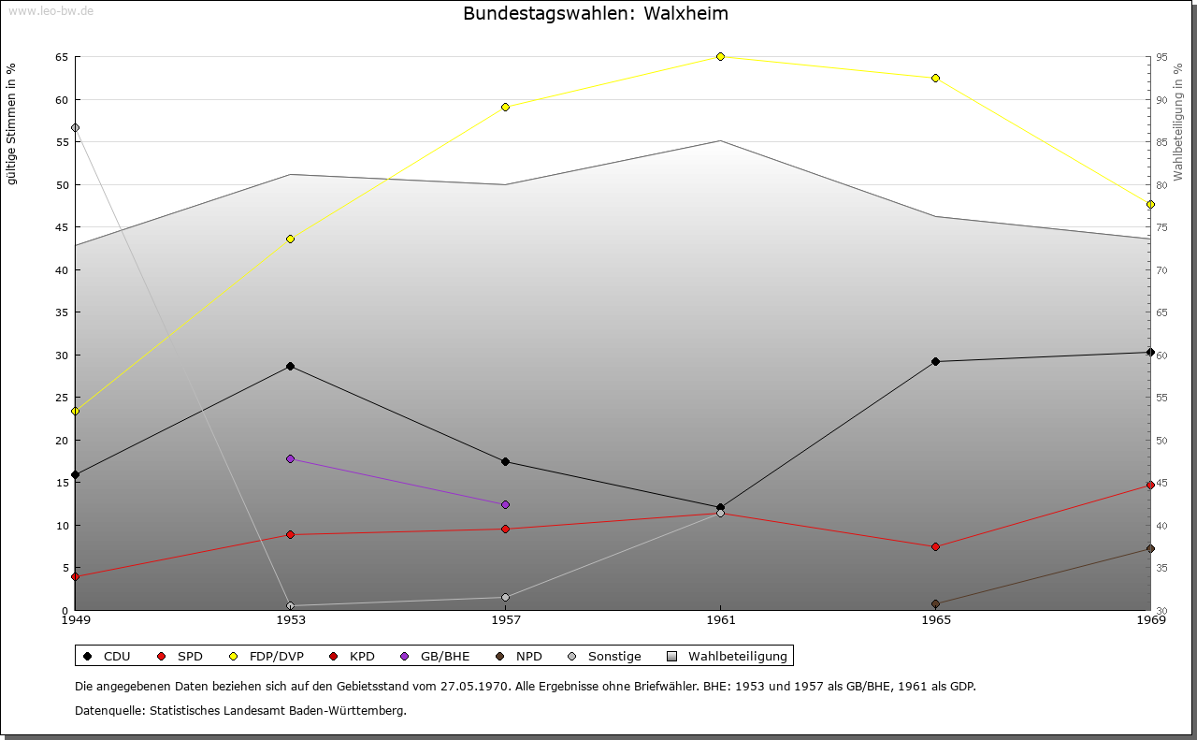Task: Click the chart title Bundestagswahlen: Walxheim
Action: point(595,14)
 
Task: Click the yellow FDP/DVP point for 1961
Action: point(720,56)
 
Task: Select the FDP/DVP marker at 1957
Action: point(505,107)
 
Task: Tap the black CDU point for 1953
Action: point(290,366)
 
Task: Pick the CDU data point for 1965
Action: point(935,361)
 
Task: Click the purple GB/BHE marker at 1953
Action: point(290,458)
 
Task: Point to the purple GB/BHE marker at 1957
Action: point(505,504)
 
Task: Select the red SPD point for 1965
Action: point(935,546)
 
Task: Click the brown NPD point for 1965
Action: point(935,603)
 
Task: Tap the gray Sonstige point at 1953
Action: point(290,605)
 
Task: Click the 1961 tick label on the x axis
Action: point(720,619)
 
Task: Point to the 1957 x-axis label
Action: point(505,619)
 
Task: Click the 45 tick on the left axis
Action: point(61,227)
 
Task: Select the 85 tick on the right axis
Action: point(1161,142)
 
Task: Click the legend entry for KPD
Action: point(353,656)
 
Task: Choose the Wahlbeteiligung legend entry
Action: point(728,656)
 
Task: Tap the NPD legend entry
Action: point(520,656)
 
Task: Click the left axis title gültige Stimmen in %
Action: point(11,123)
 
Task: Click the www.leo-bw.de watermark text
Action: point(50,10)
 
